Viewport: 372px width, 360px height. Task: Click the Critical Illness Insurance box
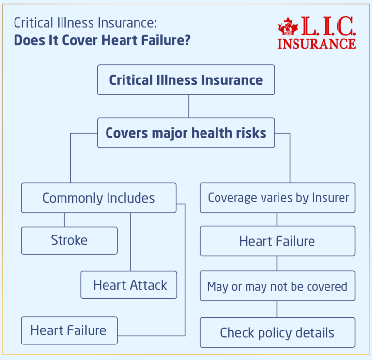[x=186, y=80]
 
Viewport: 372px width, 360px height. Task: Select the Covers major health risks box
[x=186, y=133]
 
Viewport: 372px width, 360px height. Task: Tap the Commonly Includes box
[x=98, y=198]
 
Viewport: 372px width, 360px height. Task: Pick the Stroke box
[x=69, y=240]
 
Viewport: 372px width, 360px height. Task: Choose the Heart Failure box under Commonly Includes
[x=69, y=330]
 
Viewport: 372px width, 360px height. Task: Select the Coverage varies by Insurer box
[x=278, y=198]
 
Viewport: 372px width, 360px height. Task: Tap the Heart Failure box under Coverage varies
[x=277, y=241]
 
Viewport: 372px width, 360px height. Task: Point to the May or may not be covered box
[x=277, y=286]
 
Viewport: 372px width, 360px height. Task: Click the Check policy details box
[x=277, y=333]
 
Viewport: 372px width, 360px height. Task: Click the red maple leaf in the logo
[x=288, y=28]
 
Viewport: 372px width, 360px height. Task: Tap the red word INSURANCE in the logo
[x=316, y=43]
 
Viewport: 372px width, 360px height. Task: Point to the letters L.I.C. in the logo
[x=327, y=26]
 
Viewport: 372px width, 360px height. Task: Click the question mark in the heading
[x=187, y=40]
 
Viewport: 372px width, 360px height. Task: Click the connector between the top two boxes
[x=188, y=106]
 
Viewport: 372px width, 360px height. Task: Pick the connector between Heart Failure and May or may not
[x=277, y=263]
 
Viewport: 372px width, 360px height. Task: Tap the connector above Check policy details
[x=277, y=309]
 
